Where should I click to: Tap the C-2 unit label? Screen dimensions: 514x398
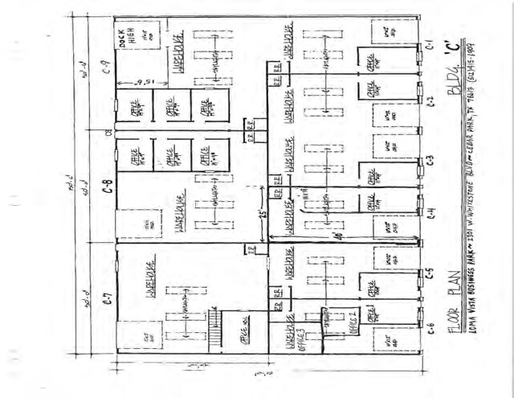[430, 101]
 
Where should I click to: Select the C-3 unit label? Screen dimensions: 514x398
[430, 159]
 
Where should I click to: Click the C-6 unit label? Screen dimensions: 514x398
[430, 325]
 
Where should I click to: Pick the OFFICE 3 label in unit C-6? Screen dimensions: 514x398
[288, 338]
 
